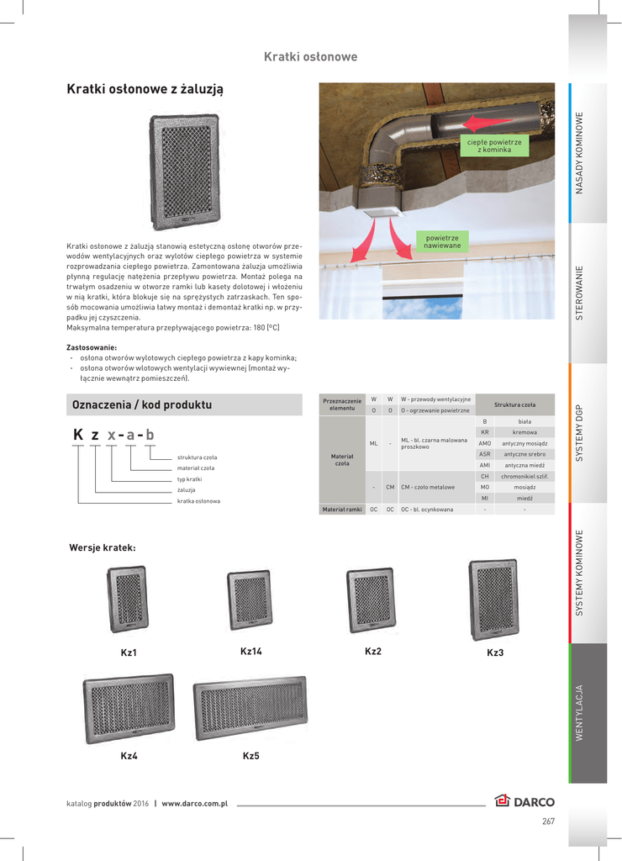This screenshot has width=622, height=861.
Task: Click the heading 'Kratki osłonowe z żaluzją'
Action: [x=145, y=89]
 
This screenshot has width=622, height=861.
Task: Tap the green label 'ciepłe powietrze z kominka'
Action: [x=493, y=145]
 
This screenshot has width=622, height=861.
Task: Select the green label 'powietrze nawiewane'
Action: [x=441, y=242]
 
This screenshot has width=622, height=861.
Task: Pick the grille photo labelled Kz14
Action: [x=250, y=600]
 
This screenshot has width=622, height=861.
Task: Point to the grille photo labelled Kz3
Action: [x=493, y=600]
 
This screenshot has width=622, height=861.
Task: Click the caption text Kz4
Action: [x=129, y=757]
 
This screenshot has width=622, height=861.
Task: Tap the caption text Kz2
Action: [x=373, y=652]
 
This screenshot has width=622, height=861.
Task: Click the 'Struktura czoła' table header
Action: [x=514, y=404]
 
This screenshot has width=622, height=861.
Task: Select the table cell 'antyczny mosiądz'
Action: [x=524, y=443]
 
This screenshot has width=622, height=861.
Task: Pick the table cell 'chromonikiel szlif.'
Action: [x=524, y=476]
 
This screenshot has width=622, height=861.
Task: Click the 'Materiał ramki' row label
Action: [x=342, y=510]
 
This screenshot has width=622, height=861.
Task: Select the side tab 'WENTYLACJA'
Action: [x=579, y=713]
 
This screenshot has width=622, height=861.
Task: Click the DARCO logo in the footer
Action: [x=524, y=801]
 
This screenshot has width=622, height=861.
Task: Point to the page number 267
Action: [x=547, y=821]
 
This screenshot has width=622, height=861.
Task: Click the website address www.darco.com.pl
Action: [x=194, y=804]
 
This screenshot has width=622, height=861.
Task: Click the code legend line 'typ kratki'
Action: [x=189, y=478]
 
